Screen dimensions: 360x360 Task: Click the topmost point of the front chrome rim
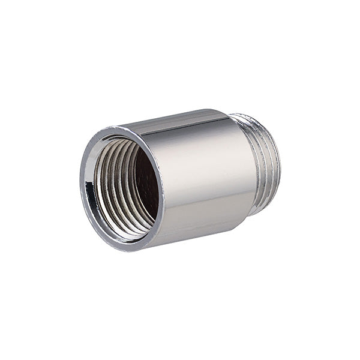tap(117, 127)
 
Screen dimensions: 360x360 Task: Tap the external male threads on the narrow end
tap(264, 162)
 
